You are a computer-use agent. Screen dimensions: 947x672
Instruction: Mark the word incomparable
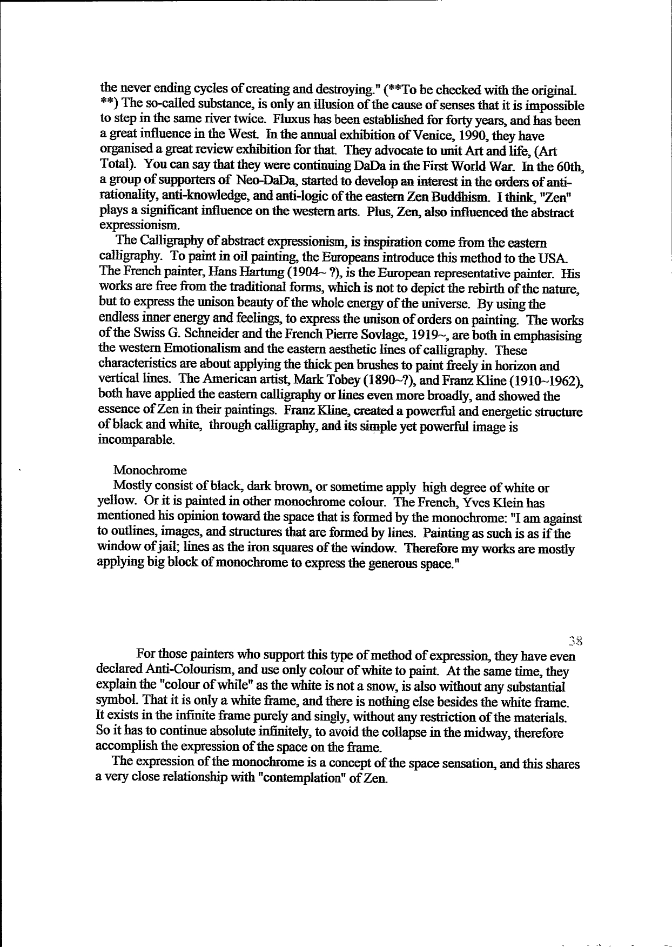pyautogui.click(x=136, y=440)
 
